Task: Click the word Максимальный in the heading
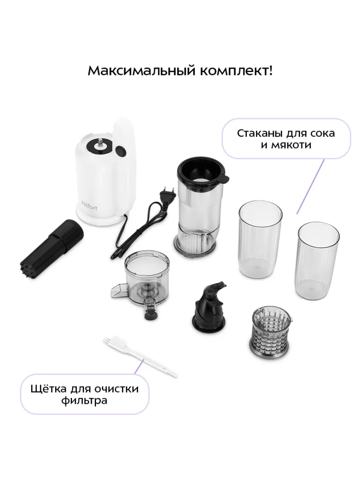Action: pyautogui.click(x=142, y=71)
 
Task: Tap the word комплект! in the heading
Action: pyautogui.click(x=236, y=71)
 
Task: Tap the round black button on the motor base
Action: pyautogui.click(x=120, y=151)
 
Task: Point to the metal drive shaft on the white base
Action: pyautogui.click(x=100, y=143)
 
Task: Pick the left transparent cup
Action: pyautogui.click(x=260, y=239)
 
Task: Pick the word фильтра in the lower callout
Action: pyautogui.click(x=84, y=400)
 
